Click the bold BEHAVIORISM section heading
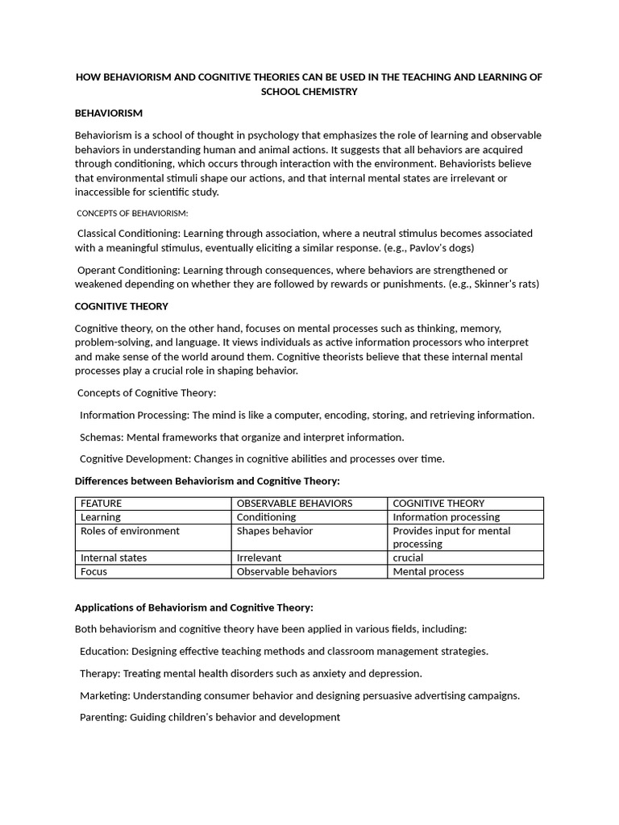(109, 114)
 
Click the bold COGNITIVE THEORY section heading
(122, 306)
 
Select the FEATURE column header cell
(102, 504)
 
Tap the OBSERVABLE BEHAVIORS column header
(294, 504)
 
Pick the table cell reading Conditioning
(266, 517)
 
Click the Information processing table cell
(446, 517)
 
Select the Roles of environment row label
(130, 531)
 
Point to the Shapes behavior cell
(275, 531)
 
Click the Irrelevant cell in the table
(260, 558)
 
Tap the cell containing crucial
(408, 558)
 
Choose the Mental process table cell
(428, 571)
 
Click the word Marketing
(105, 695)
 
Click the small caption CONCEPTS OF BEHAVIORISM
(132, 213)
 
